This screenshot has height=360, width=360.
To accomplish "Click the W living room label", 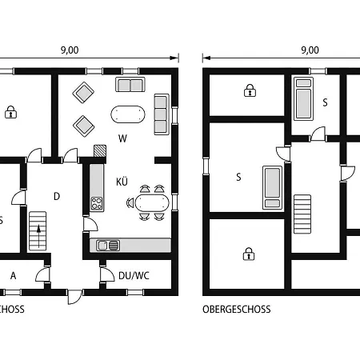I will coord(122,138).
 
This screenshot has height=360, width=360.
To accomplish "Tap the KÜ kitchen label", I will coord(122,181).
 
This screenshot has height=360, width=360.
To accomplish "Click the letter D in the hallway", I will coord(56,196).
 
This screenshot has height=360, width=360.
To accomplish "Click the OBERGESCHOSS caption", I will coord(236,309).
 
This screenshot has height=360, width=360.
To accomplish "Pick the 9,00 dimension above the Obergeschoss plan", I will coord(310,50).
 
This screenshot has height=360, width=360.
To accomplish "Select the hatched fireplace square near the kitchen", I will coord(99,150).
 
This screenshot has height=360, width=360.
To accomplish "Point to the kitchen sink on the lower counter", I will coord(106,245).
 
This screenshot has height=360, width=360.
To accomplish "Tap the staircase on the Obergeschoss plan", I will coord(302,214).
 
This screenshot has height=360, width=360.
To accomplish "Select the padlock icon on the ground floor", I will coord(10,112).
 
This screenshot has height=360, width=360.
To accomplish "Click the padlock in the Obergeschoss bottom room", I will coord(248,254).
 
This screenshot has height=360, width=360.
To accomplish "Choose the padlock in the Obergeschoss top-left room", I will coord(248,92).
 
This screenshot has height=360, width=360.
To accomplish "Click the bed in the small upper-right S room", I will coord(303,98).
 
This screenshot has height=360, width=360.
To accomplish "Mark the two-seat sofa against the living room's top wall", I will coord(130,85).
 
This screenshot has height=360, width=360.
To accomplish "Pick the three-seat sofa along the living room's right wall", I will coord(161,111).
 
